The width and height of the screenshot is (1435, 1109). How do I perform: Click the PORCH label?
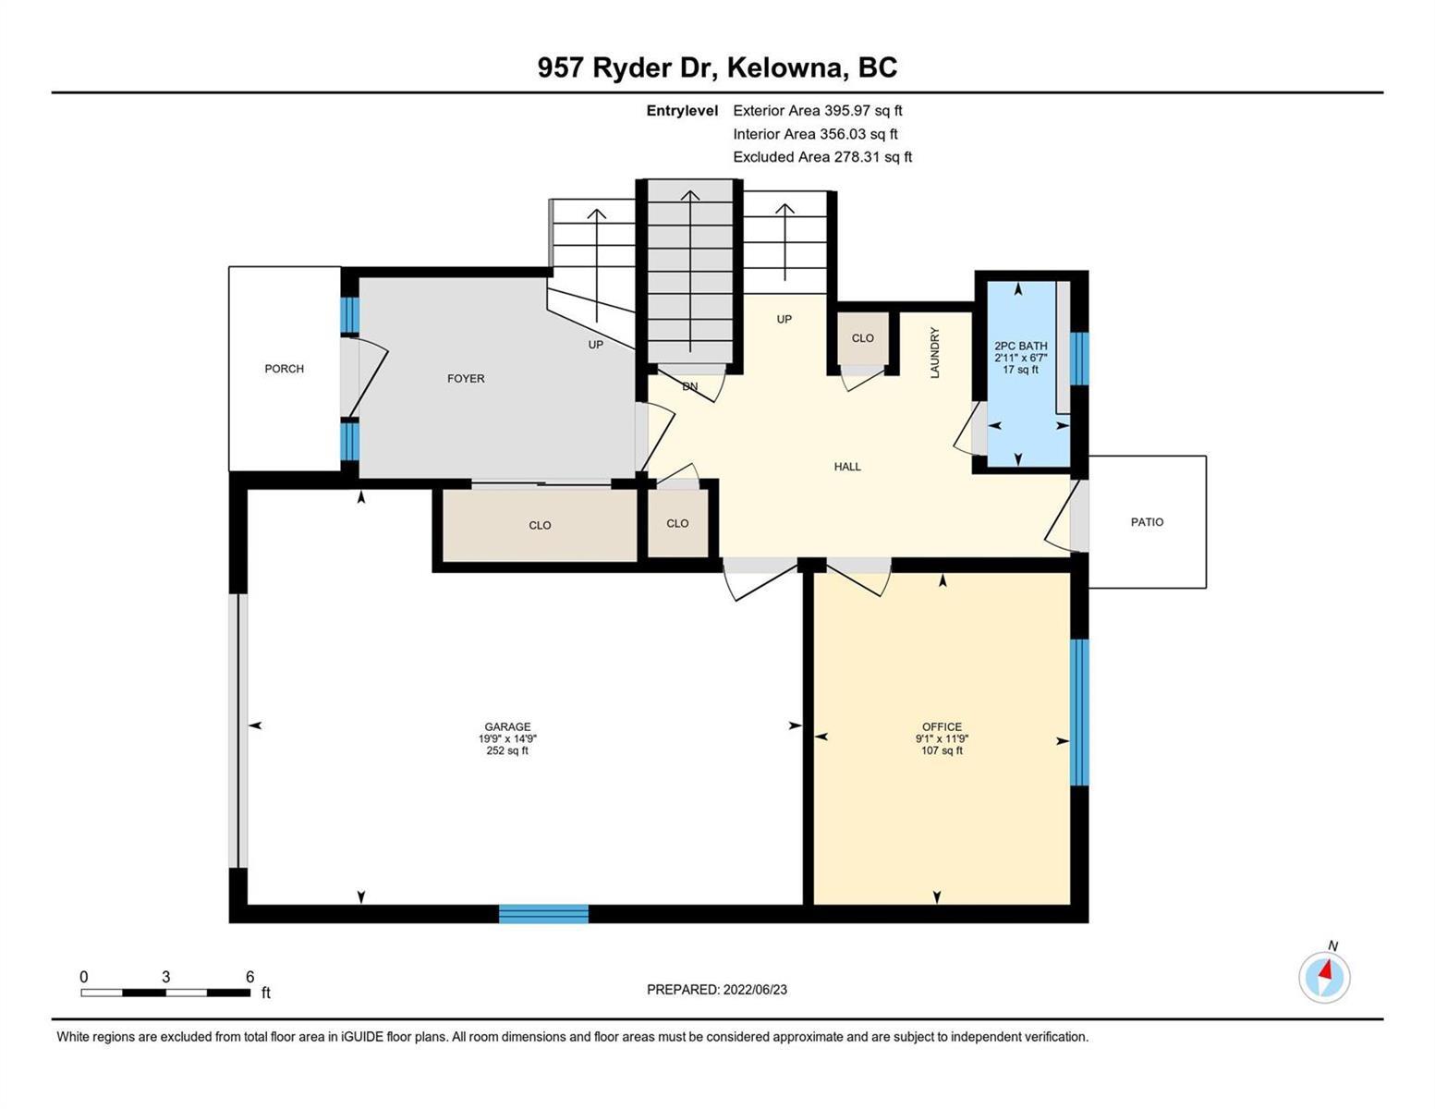284,369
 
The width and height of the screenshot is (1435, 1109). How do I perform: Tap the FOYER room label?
466,379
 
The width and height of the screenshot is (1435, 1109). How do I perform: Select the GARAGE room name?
507,726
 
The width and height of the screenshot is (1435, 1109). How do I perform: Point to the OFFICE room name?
942,726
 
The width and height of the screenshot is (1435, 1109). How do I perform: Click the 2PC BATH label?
1020,346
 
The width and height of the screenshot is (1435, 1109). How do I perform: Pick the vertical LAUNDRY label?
934,353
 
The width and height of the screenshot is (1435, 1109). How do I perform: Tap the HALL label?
847,467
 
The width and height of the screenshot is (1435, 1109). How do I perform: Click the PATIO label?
1147,522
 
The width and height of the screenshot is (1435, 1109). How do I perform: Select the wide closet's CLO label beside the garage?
540,525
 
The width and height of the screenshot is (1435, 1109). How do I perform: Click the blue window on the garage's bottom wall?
543,913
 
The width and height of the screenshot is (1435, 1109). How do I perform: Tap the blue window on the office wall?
1078,712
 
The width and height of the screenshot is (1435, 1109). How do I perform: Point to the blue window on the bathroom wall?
1078,358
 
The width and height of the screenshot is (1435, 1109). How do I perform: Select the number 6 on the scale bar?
249,976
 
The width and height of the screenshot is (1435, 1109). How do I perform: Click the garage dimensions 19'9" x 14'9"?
507,738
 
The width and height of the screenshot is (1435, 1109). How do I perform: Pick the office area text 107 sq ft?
942,750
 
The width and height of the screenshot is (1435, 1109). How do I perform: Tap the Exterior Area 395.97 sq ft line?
818,110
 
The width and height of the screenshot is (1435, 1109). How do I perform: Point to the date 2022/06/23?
755,990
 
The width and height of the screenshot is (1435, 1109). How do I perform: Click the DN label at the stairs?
689,386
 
